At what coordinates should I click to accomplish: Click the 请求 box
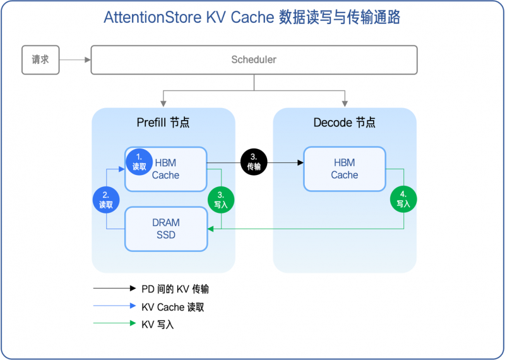pos(40,60)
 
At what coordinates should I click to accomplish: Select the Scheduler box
pos(254,60)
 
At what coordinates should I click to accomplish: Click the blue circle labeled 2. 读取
pos(106,200)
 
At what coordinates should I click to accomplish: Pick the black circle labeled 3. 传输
pos(254,162)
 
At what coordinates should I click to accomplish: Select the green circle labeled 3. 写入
pos(221,200)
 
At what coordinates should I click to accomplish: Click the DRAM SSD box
pos(166,229)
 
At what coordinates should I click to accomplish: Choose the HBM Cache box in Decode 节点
pos(344,169)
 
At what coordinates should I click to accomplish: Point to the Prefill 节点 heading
pos(163,123)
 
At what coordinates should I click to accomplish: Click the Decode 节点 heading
pos(344,123)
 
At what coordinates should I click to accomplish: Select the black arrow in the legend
pos(114,289)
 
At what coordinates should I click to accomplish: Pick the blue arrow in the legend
pos(114,307)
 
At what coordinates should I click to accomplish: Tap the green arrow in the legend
pos(114,325)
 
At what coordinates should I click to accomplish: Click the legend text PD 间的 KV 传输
pos(175,289)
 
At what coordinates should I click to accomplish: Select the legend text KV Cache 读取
pos(172,307)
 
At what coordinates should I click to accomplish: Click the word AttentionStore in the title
pos(151,17)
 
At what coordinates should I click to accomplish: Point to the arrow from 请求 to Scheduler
pos(75,60)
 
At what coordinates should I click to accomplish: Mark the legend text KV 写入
pos(157,325)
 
